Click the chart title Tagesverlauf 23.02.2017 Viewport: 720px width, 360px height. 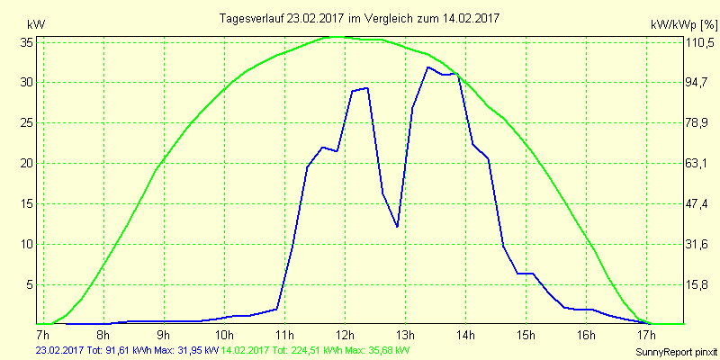point(360,18)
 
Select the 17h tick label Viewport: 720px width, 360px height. point(646,335)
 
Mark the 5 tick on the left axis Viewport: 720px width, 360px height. point(30,284)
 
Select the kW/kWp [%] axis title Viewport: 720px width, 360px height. point(684,26)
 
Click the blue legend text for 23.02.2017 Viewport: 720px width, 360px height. point(126,350)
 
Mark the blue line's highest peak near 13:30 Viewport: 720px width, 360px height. point(427,67)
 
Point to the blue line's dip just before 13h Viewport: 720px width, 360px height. point(397,227)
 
